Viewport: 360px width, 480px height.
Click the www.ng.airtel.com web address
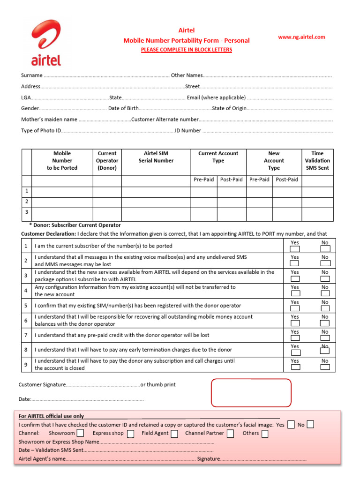[x=301, y=37]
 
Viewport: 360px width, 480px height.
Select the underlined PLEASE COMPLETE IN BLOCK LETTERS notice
[x=187, y=50]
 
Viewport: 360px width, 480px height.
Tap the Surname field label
[x=31, y=75]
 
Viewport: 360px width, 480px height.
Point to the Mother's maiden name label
[x=49, y=120]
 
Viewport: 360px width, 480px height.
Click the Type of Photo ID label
[x=41, y=131]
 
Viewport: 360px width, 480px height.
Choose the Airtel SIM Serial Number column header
[x=156, y=157]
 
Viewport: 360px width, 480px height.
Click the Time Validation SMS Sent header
[x=317, y=160]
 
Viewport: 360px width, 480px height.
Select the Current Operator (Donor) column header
[x=107, y=160]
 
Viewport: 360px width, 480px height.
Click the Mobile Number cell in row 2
[x=62, y=202]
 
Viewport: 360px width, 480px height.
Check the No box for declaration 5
[x=325, y=308]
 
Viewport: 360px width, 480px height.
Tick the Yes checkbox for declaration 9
[x=295, y=367]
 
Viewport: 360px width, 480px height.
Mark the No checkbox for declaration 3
[x=325, y=278]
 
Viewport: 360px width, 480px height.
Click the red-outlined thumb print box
[x=251, y=393]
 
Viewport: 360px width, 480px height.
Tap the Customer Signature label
[x=42, y=385]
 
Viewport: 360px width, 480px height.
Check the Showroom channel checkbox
[x=81, y=434]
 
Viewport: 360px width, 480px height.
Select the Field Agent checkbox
[x=174, y=434]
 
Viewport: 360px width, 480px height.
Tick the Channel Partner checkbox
[x=230, y=434]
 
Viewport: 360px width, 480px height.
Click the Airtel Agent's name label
[x=42, y=459]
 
